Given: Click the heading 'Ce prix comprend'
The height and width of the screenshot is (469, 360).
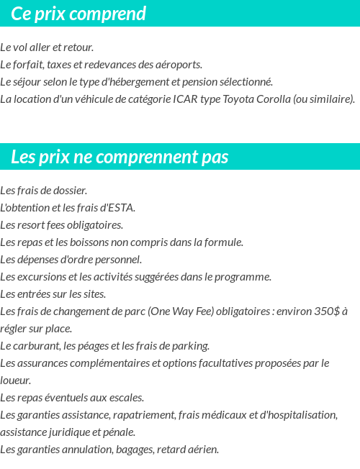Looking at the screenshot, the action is click(78, 14).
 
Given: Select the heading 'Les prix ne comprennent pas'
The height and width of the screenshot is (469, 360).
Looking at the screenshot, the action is click(120, 157).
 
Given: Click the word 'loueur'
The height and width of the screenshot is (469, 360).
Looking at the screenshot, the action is click(15, 381).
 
